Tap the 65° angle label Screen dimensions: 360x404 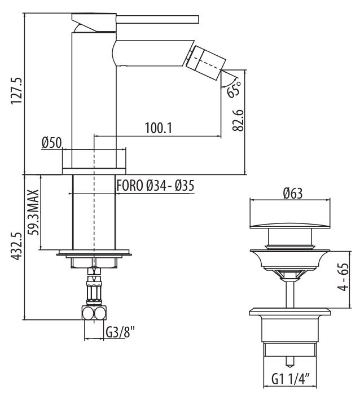click(x=234, y=89)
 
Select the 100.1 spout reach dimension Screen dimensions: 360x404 click(x=158, y=128)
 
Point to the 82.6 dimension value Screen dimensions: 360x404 click(x=238, y=121)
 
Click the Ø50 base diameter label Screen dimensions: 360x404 click(x=51, y=143)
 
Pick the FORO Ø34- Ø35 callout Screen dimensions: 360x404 click(x=155, y=185)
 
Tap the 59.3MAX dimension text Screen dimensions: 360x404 click(x=33, y=212)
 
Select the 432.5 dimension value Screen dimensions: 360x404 click(x=16, y=246)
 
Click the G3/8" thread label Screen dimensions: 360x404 click(x=120, y=332)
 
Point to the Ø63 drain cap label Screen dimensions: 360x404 click(x=292, y=193)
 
